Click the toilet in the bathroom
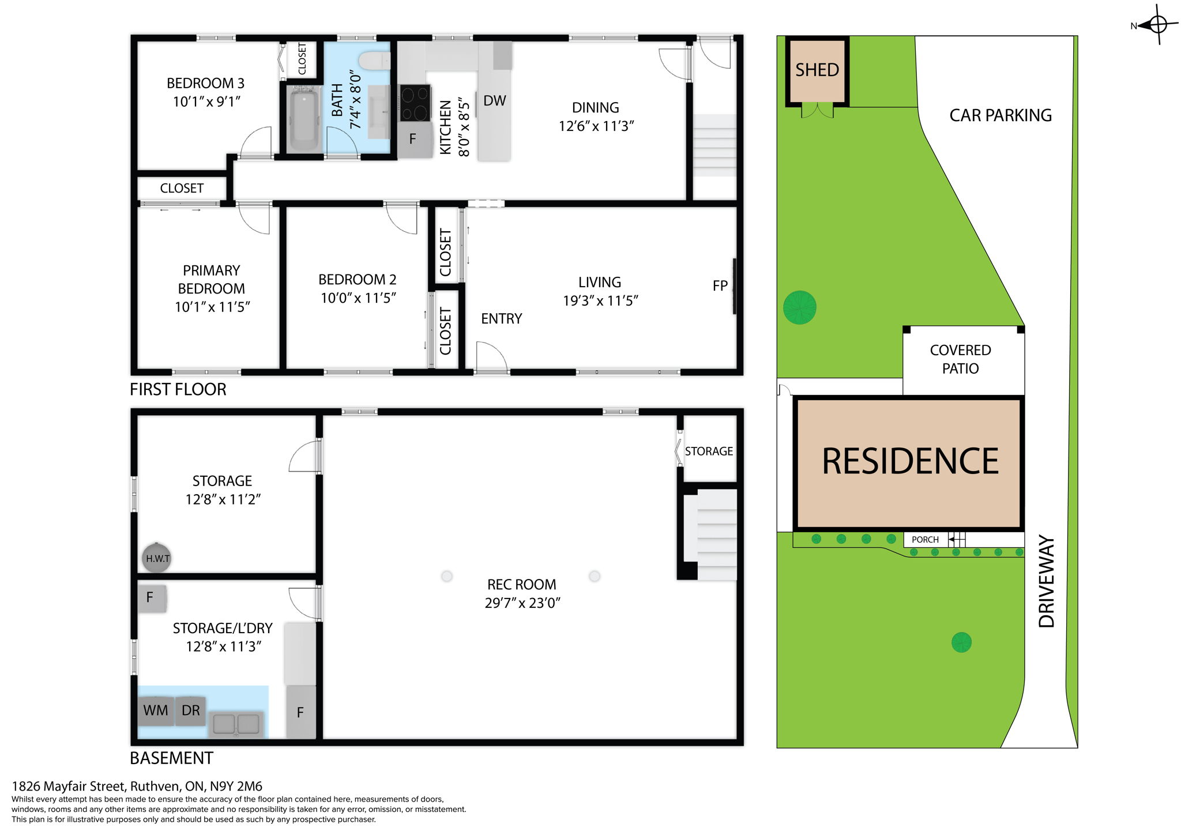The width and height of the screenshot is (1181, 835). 374,61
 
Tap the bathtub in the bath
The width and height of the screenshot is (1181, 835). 304,119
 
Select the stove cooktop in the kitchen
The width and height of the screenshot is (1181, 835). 415,103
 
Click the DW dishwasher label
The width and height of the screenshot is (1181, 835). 494,101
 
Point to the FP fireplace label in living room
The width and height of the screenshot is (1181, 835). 720,285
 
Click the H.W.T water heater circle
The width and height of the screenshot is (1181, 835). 157,558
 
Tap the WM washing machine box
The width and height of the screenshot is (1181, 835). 156,710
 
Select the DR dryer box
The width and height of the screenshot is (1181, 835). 190,710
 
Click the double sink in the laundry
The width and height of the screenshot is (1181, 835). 236,724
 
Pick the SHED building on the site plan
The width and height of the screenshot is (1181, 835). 817,70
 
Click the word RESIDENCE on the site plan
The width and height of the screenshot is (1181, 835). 910,461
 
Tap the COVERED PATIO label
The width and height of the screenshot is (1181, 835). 960,359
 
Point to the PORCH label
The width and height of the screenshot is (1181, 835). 925,540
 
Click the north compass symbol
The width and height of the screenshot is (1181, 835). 1157,25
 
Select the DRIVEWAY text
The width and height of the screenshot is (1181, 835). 1046,581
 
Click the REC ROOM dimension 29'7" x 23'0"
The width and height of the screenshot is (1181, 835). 522,603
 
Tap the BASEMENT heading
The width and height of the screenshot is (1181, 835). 171,758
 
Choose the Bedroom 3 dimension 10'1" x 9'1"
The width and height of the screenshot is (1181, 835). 206,102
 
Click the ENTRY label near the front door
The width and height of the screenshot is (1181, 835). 501,319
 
